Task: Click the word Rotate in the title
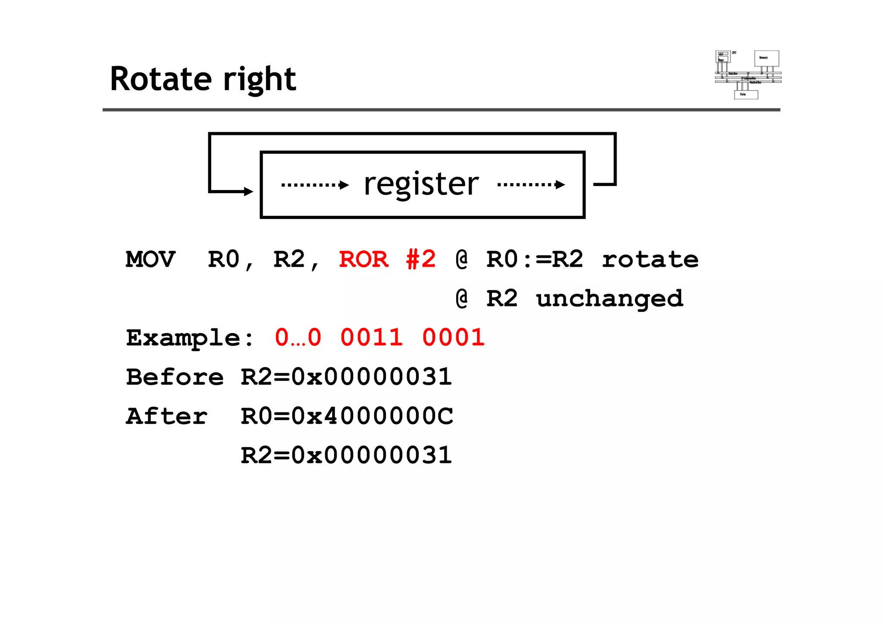click(x=161, y=79)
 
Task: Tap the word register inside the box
click(x=421, y=184)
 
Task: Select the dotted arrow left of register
click(x=315, y=185)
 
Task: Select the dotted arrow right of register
click(x=531, y=185)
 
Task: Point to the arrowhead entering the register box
click(x=248, y=191)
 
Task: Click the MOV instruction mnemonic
click(x=150, y=259)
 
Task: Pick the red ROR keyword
click(x=363, y=259)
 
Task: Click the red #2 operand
click(x=421, y=259)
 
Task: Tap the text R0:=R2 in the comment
click(x=535, y=259)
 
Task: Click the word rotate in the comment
click(x=650, y=259)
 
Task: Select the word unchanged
click(x=609, y=299)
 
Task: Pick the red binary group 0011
click(x=371, y=337)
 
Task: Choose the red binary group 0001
click(x=453, y=337)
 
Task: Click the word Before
click(x=175, y=377)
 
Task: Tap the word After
click(x=167, y=416)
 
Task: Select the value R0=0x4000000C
click(x=347, y=416)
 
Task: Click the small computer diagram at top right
click(x=748, y=75)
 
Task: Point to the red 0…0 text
click(x=298, y=337)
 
